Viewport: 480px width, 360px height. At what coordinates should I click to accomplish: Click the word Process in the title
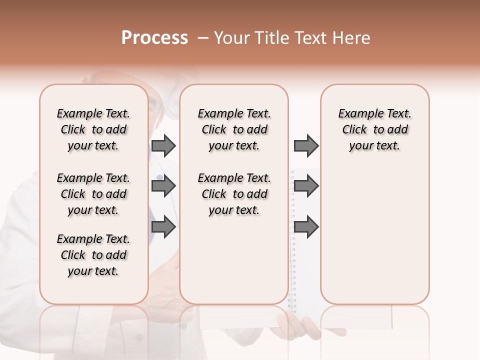[154, 38]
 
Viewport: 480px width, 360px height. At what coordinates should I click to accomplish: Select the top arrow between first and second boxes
[163, 145]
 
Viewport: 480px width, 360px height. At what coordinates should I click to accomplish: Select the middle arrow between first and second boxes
[163, 186]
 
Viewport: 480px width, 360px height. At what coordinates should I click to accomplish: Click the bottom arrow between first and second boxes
[163, 227]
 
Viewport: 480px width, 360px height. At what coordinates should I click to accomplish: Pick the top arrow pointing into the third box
[306, 145]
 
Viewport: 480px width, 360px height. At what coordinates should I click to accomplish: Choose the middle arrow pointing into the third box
[306, 186]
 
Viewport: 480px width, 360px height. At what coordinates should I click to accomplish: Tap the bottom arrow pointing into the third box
[306, 227]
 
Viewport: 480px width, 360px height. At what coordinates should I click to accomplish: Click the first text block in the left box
[93, 129]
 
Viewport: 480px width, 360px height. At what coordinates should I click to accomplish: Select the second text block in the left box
[93, 194]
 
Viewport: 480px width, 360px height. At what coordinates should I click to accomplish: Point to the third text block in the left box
[93, 255]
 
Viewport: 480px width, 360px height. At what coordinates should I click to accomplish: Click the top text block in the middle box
[234, 129]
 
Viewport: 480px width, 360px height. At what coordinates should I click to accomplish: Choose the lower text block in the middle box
[234, 194]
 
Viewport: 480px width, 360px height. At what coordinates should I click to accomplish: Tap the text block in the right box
[374, 129]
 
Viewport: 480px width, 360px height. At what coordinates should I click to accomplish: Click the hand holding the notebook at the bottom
[300, 327]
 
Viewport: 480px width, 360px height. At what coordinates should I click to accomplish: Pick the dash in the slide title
[203, 38]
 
